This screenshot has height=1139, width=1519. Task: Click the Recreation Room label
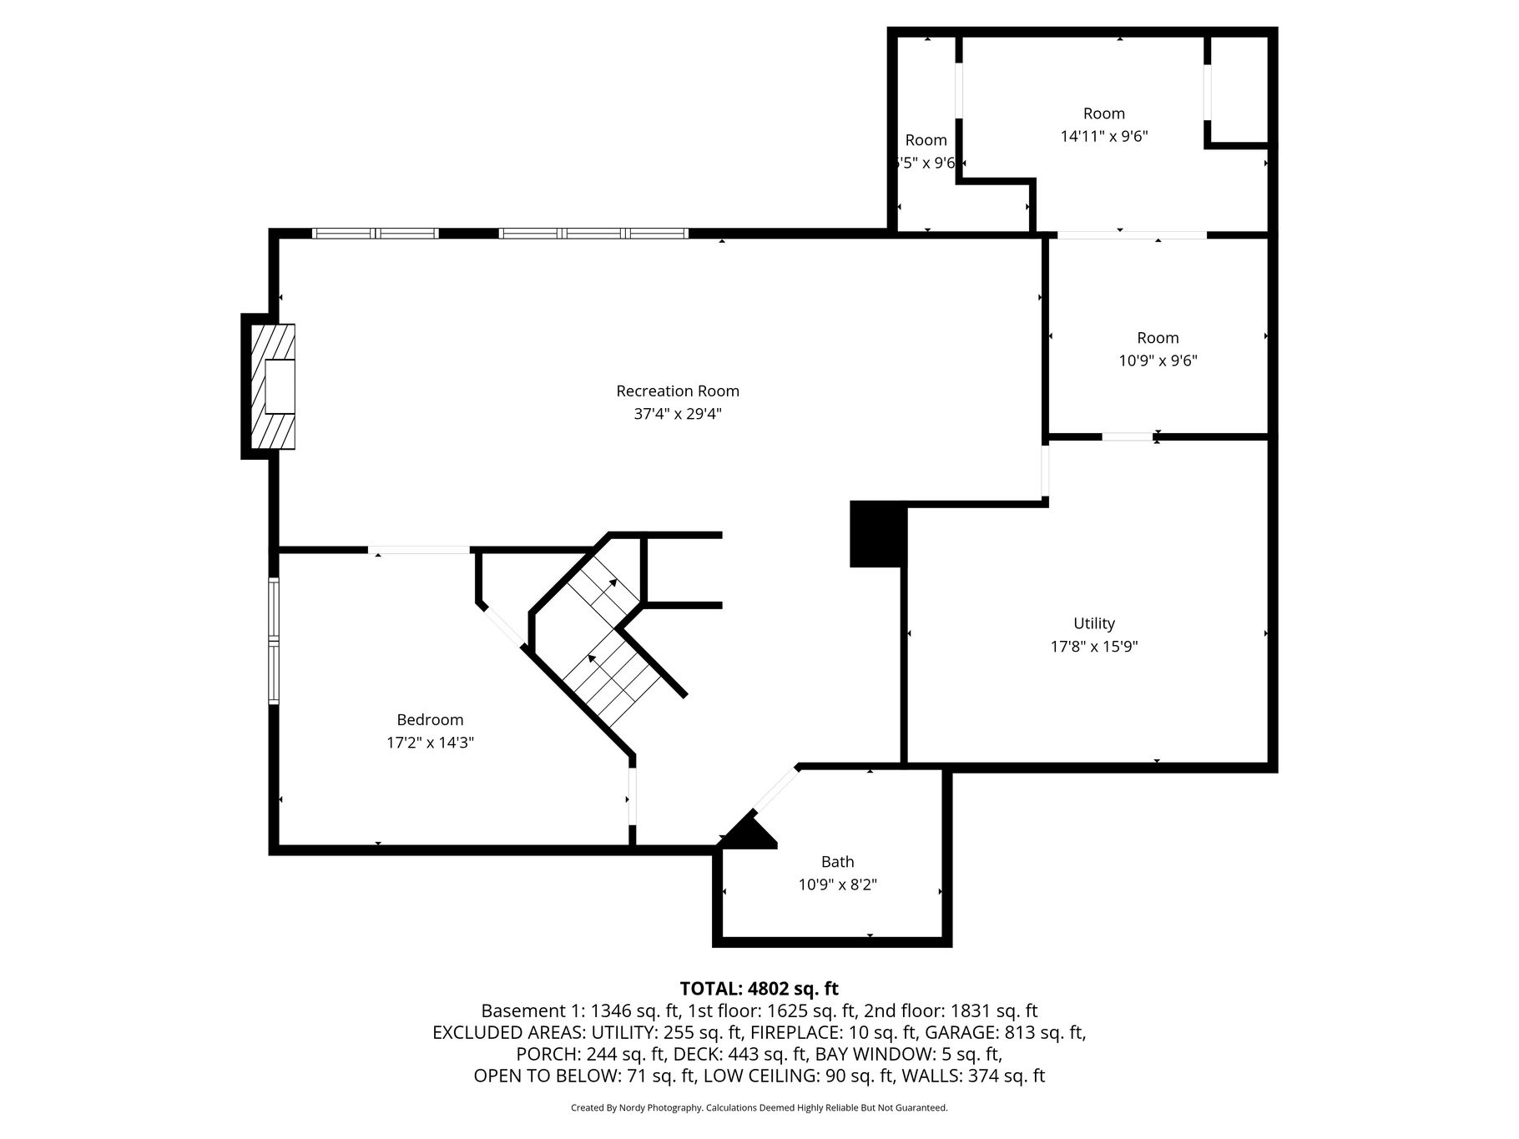pyautogui.click(x=678, y=391)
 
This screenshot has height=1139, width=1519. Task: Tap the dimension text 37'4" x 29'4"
pyautogui.click(x=678, y=413)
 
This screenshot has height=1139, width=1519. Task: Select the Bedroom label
pyautogui.click(x=430, y=719)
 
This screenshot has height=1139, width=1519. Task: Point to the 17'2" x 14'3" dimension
pyautogui.click(x=430, y=742)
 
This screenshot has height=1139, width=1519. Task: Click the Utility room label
pyautogui.click(x=1093, y=623)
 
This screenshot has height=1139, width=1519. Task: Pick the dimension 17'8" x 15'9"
pyautogui.click(x=1093, y=646)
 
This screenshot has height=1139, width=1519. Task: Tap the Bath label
pyautogui.click(x=837, y=862)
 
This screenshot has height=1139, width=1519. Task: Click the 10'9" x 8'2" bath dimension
pyautogui.click(x=837, y=884)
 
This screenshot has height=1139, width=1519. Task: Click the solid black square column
pyautogui.click(x=877, y=534)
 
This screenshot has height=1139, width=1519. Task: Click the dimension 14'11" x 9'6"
pyautogui.click(x=1103, y=136)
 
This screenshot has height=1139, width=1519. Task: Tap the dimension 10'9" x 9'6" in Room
pyautogui.click(x=1158, y=360)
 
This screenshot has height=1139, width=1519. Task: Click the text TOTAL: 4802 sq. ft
pyautogui.click(x=759, y=989)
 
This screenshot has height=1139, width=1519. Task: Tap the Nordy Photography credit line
pyautogui.click(x=759, y=1108)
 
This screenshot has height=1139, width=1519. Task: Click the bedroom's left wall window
pyautogui.click(x=273, y=641)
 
